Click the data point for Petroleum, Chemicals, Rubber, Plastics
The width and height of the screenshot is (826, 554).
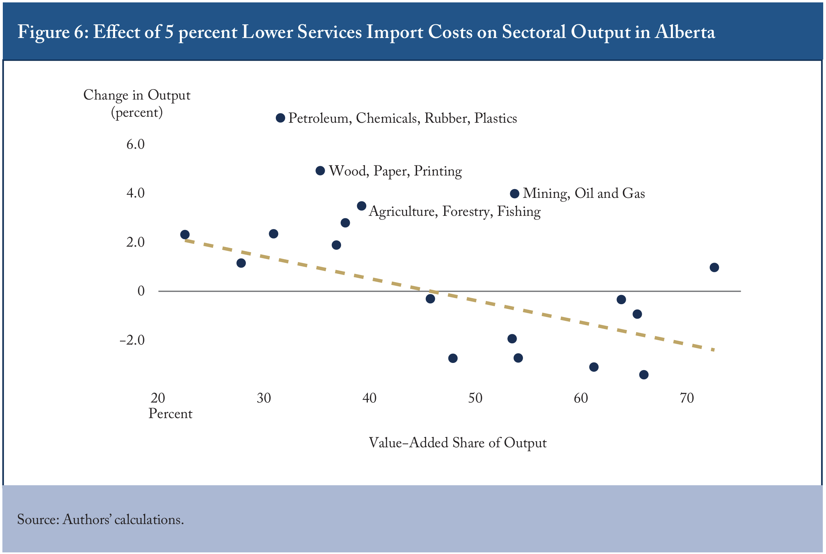coord(280,118)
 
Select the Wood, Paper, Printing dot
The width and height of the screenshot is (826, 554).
coord(320,171)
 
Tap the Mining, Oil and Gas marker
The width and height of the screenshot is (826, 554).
coord(515,194)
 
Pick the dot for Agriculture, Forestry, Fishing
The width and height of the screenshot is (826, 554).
coord(361,206)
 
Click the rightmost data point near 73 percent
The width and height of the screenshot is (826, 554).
coord(714,267)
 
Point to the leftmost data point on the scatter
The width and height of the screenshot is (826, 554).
coord(185,234)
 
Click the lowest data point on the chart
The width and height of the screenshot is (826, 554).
coord(644,375)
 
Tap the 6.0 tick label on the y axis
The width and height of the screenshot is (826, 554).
coord(135,144)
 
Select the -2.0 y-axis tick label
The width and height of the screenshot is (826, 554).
coord(132,340)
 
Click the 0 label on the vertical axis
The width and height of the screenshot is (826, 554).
coord(141,291)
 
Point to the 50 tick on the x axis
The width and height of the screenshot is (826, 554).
coord(475,398)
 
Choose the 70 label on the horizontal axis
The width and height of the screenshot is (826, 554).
coord(687,398)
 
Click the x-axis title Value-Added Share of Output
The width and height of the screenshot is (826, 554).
coord(457,443)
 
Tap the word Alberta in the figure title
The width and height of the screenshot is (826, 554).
coord(684,32)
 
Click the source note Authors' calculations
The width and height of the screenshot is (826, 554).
coord(123,519)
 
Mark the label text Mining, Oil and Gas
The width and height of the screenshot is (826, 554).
coord(584,194)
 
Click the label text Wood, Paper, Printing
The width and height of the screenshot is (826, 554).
coord(395,171)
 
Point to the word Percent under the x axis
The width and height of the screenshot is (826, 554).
coord(170,413)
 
